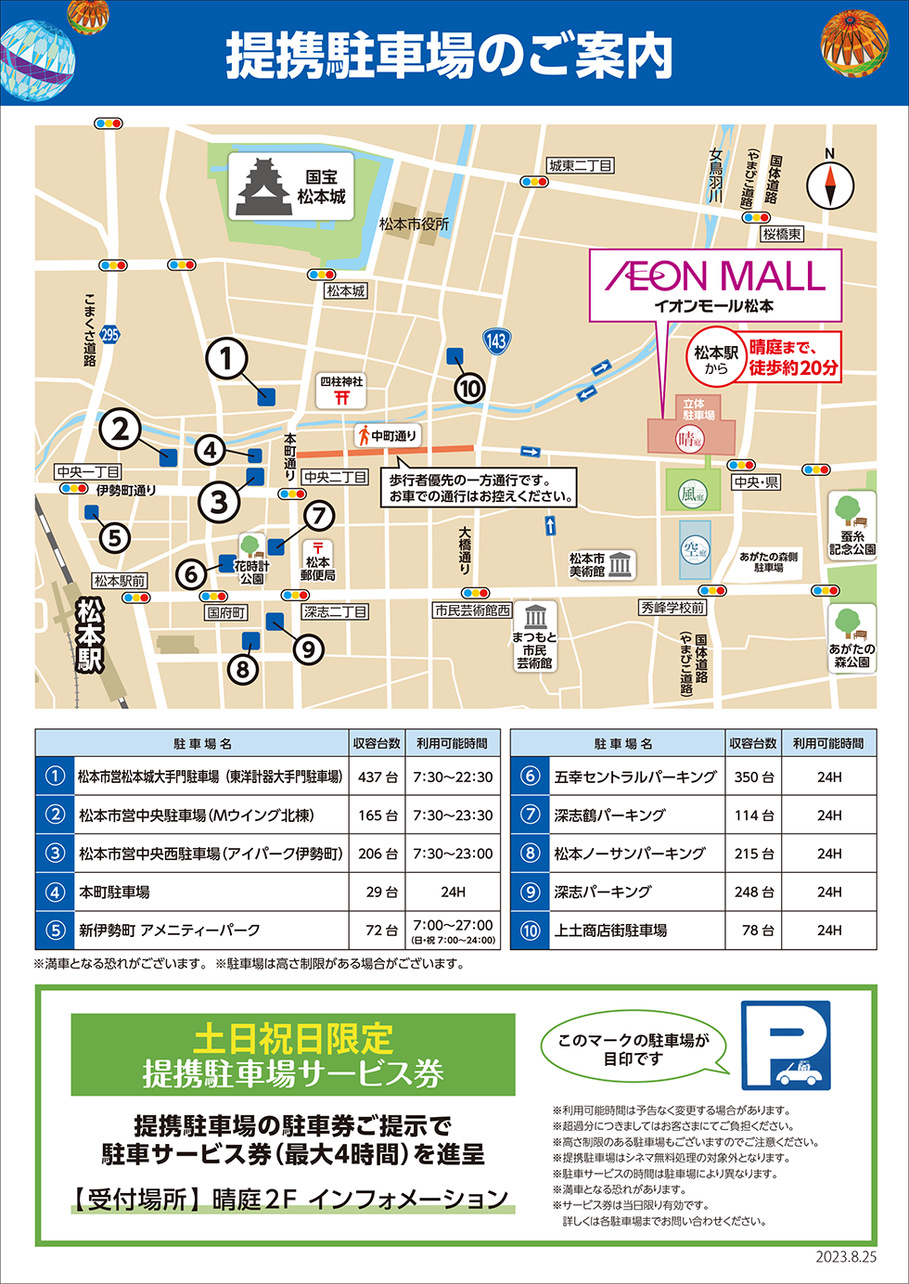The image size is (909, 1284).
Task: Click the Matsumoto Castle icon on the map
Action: pyautogui.click(x=265, y=188)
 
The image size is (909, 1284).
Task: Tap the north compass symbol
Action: pyautogui.click(x=829, y=185)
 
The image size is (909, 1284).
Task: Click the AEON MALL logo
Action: pyautogui.click(x=715, y=276)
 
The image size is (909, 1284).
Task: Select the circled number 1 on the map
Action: pyautogui.click(x=226, y=358)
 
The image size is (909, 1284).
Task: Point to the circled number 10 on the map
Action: pyautogui.click(x=469, y=388)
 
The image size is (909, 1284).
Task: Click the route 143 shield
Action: pyautogui.click(x=496, y=340)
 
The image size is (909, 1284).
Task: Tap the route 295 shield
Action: pyautogui.click(x=110, y=334)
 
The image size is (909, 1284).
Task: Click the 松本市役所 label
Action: pyautogui.click(x=414, y=224)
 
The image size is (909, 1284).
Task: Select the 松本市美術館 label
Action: pyautogui.click(x=587, y=565)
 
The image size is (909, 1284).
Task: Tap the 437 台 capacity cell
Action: pyautogui.click(x=378, y=777)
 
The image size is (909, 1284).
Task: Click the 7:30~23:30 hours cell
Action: pyautogui.click(x=453, y=815)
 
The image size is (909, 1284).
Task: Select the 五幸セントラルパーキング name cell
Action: pyautogui.click(x=635, y=777)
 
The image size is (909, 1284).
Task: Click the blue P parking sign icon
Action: pyautogui.click(x=786, y=1045)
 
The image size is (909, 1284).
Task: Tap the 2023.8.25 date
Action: pyautogui.click(x=846, y=1257)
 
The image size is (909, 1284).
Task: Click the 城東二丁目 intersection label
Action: pyautogui.click(x=581, y=166)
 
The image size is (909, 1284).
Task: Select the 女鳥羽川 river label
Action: pyautogui.click(x=716, y=175)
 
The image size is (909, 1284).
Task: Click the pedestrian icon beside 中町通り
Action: pyautogui.click(x=365, y=435)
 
